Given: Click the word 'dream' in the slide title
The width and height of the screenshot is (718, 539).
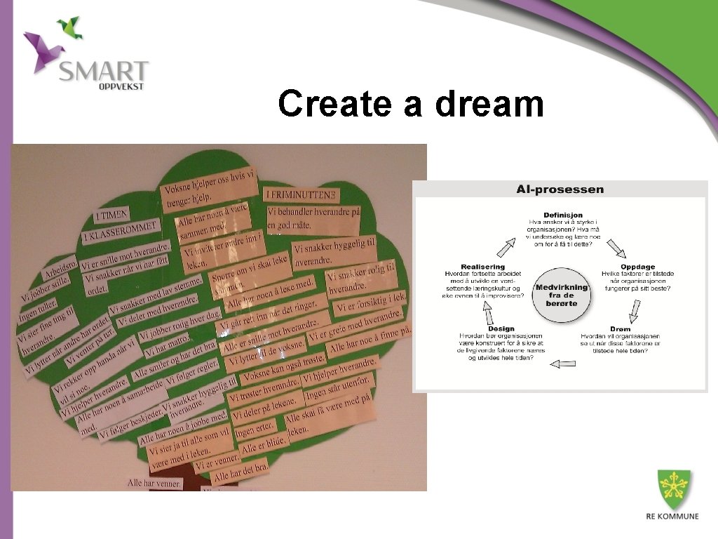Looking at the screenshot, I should [489, 104].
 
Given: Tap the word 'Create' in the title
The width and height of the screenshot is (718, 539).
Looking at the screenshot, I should [334, 104].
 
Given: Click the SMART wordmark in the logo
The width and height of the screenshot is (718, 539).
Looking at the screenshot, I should [104, 71].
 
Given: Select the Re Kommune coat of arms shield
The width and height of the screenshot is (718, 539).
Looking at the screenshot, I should [673, 488].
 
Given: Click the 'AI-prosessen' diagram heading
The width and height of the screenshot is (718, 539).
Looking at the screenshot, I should [560, 189].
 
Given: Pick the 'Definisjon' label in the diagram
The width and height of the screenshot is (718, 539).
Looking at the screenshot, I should [562, 215].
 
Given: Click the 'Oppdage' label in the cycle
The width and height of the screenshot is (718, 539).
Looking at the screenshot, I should [637, 267].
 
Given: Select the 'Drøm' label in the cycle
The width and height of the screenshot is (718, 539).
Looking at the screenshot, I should [620, 328].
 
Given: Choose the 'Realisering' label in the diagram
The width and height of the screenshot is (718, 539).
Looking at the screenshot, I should [483, 267].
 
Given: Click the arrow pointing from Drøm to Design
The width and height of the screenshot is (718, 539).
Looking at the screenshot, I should [563, 364].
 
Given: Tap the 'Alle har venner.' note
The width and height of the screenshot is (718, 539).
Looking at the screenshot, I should [154, 484].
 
